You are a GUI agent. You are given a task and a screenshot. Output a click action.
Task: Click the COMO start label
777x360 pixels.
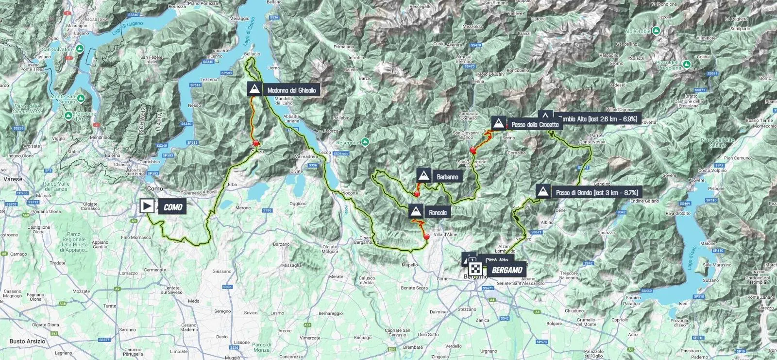(172, 207)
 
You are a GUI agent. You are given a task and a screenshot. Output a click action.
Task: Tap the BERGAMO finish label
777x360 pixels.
(507, 270)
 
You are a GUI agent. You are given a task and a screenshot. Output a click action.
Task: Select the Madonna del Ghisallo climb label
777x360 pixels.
(291, 90)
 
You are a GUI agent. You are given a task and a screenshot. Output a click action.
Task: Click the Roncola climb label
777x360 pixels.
(438, 212)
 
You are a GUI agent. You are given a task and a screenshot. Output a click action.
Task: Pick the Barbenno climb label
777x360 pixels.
(447, 177)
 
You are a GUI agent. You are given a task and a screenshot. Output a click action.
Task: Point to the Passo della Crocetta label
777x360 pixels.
(535, 124)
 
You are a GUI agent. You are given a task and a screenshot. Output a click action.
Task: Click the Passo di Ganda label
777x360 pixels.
(597, 192)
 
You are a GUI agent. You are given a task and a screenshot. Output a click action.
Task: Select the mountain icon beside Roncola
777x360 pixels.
(415, 212)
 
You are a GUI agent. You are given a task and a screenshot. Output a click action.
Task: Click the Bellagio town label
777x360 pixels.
(252, 54)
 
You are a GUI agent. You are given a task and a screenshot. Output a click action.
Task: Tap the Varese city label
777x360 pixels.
(13, 179)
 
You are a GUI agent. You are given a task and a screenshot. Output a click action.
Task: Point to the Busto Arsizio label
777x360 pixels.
(27, 341)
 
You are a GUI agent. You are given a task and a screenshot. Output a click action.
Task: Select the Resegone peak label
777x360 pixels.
(347, 143)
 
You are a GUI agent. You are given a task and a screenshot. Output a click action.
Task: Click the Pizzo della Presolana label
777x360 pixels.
(669, 65)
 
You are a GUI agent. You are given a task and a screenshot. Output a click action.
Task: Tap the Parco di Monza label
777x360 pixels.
(261, 347)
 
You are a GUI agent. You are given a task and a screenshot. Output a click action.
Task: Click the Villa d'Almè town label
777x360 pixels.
(445, 235)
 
